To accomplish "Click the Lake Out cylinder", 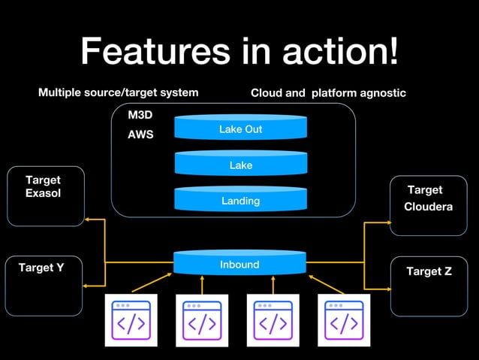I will [x=240, y=129].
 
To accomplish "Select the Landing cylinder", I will [x=240, y=200].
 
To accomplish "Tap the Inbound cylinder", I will [x=239, y=264].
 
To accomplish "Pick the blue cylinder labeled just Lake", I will [x=240, y=165].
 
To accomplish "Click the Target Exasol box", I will [x=46, y=196].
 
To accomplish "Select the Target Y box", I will [x=44, y=286].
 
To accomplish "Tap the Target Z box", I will [x=429, y=286].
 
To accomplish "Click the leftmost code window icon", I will [x=131, y=320].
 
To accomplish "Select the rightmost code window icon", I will [x=344, y=320].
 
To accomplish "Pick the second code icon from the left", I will [x=202, y=320].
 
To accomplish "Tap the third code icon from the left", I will [x=273, y=320].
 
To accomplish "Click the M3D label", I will [x=140, y=115].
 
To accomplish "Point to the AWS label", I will [x=140, y=135].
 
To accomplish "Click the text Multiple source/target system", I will [x=119, y=92].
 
